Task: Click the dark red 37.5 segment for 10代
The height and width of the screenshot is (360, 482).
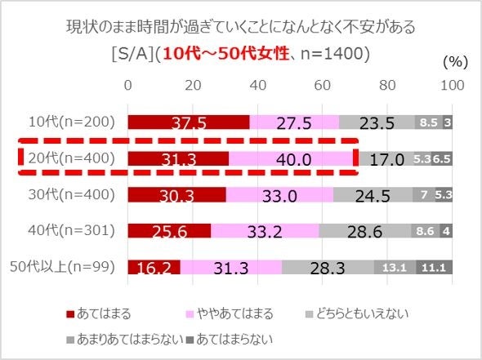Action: tap(188, 122)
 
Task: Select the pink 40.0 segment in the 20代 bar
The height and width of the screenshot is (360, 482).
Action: tap(292, 158)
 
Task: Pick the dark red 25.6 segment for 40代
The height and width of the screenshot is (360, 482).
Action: tap(168, 231)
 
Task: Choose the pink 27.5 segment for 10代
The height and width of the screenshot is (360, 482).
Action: tap(294, 122)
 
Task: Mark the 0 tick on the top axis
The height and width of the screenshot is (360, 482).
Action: tap(127, 86)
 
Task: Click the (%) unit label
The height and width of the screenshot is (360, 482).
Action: tap(455, 62)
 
